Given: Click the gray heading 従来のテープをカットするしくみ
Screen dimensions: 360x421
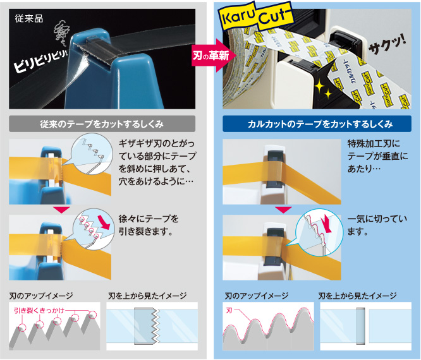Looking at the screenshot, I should [102, 123].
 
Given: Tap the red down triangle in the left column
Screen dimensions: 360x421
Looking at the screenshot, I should [61, 208].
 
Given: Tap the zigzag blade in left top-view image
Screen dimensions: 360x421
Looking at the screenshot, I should [152, 326].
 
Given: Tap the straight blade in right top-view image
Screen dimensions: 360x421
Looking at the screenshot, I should [361, 326].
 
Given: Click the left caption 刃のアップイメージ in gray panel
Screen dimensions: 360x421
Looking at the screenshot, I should [41, 296].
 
